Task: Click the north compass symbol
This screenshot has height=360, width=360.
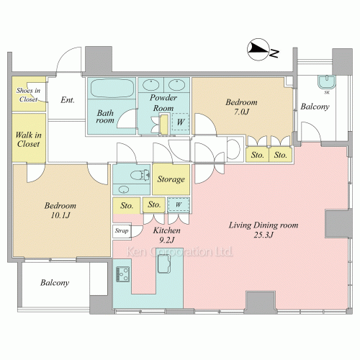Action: tap(258, 49)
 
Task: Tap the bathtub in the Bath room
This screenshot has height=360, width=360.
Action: tap(112, 88)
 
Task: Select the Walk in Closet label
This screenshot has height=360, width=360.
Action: tap(28, 139)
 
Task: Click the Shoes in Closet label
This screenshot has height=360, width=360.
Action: tap(28, 94)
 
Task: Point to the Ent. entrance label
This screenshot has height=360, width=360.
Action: tap(68, 100)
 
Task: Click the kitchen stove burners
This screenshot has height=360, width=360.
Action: tap(122, 274)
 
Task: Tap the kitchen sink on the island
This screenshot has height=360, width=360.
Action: tap(164, 264)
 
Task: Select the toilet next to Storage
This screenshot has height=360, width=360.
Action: tap(140, 174)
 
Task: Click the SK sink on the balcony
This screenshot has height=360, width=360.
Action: tap(327, 82)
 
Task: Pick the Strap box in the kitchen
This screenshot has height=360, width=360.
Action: tap(122, 231)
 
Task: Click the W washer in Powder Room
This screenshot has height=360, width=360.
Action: tap(181, 122)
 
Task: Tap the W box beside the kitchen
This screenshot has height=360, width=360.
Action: tap(179, 204)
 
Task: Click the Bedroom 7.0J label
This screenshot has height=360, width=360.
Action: tap(241, 107)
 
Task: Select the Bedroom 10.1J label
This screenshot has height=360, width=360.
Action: tap(60, 210)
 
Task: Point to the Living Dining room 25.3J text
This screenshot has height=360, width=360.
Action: tap(264, 230)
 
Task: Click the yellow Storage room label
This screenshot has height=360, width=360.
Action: tap(171, 179)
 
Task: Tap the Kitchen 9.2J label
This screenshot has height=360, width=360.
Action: tap(167, 235)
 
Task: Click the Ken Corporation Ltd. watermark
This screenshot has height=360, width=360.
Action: tap(179, 251)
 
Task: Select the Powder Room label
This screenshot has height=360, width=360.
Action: tap(163, 103)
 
